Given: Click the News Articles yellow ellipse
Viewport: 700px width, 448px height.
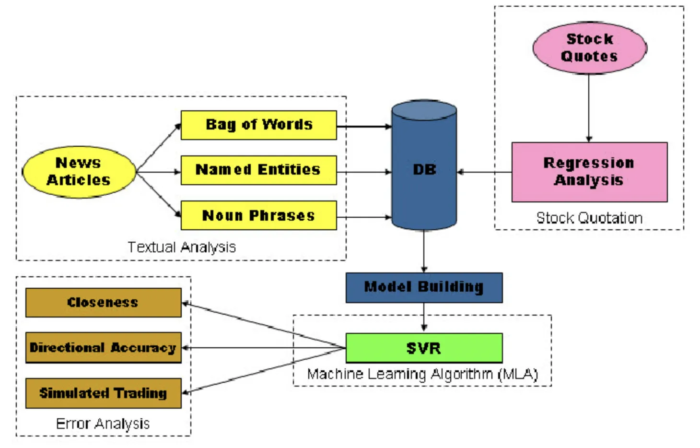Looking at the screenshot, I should [x=79, y=172].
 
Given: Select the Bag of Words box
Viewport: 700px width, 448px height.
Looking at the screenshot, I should [x=258, y=125].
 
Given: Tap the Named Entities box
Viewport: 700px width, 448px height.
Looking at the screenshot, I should [x=258, y=170].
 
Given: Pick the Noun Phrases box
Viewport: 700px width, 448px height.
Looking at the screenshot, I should [x=258, y=215].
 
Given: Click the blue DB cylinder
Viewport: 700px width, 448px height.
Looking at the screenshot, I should [x=424, y=168].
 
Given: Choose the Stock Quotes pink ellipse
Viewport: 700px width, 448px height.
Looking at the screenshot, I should [x=589, y=47].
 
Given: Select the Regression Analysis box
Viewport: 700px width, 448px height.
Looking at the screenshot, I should [x=589, y=172].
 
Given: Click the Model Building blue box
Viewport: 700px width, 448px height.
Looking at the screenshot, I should [x=424, y=287].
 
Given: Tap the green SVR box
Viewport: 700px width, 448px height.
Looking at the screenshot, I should [x=424, y=348].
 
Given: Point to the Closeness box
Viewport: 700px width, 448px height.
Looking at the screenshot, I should [x=103, y=302].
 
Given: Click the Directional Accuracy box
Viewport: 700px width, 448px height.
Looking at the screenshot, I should [x=103, y=347].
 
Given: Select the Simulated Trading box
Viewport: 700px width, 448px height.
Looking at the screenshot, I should [x=103, y=393].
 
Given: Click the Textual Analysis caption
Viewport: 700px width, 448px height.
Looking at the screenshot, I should [x=182, y=247].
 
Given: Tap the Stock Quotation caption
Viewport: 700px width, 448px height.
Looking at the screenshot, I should [x=589, y=218].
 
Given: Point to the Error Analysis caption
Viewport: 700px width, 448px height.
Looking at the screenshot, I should [x=103, y=424].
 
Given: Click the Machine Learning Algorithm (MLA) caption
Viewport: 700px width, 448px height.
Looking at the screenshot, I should [x=422, y=374].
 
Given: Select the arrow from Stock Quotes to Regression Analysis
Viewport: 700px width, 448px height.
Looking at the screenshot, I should [x=589, y=108].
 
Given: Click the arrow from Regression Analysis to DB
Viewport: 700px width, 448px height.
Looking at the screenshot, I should [x=484, y=172].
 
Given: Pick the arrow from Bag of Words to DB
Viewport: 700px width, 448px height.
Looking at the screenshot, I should [x=364, y=127].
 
